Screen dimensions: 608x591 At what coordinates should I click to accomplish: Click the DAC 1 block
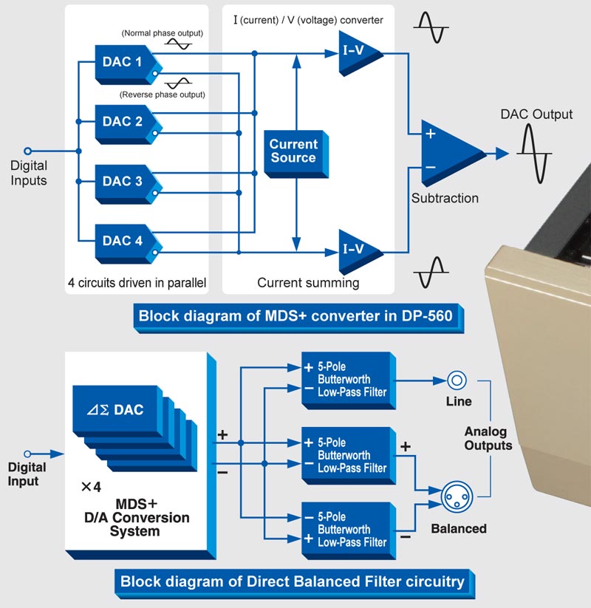point(123,62)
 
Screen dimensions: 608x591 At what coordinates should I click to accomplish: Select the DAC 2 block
point(123,121)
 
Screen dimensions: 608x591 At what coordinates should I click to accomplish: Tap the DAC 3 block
point(123,181)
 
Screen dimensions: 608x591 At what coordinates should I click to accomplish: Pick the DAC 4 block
point(123,240)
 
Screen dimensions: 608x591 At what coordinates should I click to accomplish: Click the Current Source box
point(293,151)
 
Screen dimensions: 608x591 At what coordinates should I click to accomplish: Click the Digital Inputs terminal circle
point(29,151)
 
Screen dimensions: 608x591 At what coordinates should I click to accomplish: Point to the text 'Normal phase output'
point(163,34)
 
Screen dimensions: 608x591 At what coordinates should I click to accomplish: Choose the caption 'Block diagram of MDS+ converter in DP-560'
point(301,317)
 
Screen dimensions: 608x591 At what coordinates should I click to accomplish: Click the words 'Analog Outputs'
point(488,438)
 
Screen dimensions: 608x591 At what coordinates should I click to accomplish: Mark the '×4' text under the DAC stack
point(90,487)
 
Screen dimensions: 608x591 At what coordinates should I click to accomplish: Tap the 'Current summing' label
point(307,282)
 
